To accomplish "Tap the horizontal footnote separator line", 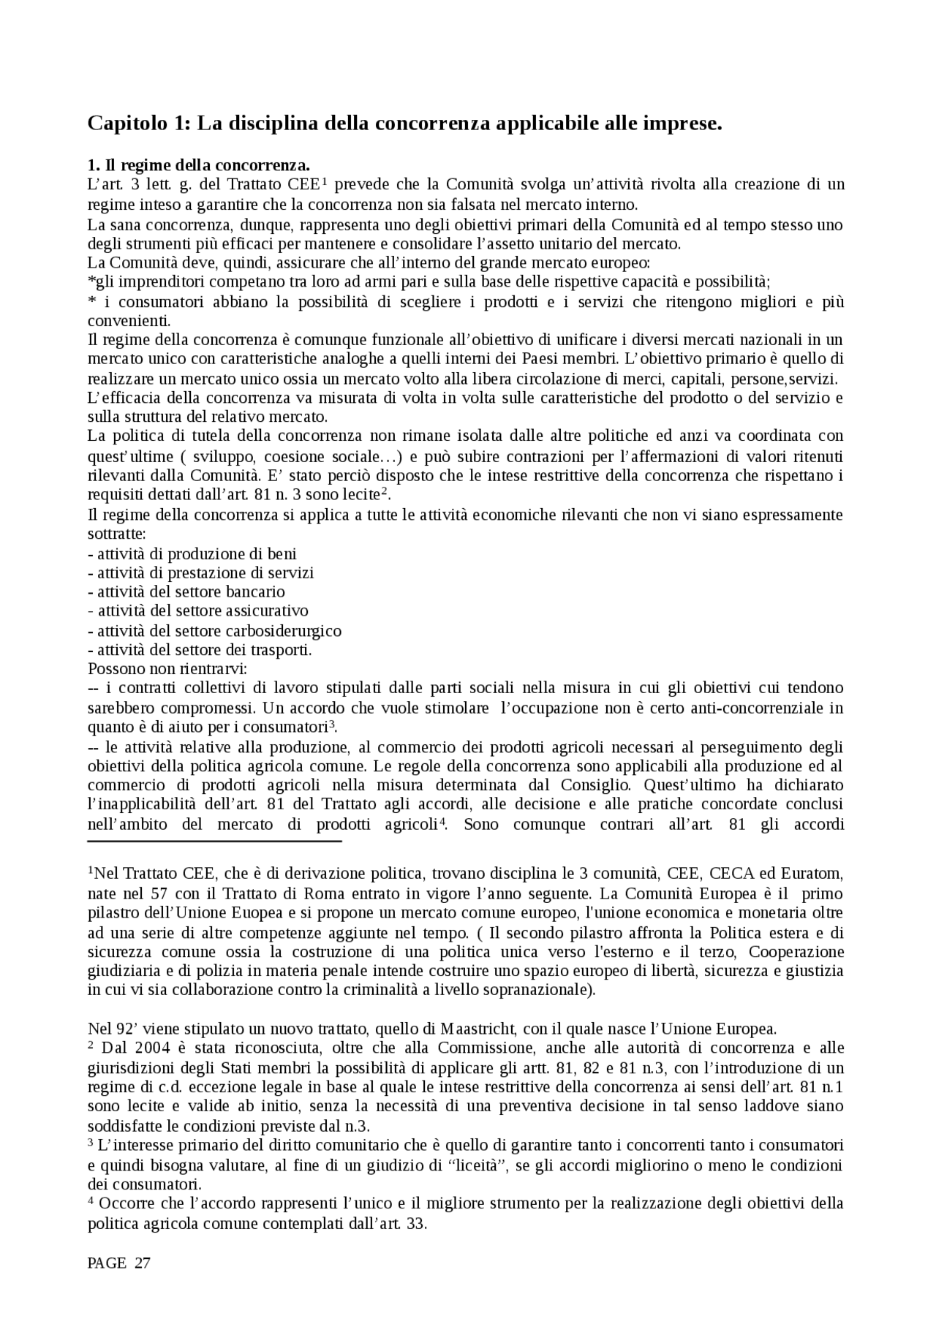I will [x=214, y=841].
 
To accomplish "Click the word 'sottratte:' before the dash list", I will [x=116, y=534].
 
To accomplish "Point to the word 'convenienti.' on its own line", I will [x=129, y=321].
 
